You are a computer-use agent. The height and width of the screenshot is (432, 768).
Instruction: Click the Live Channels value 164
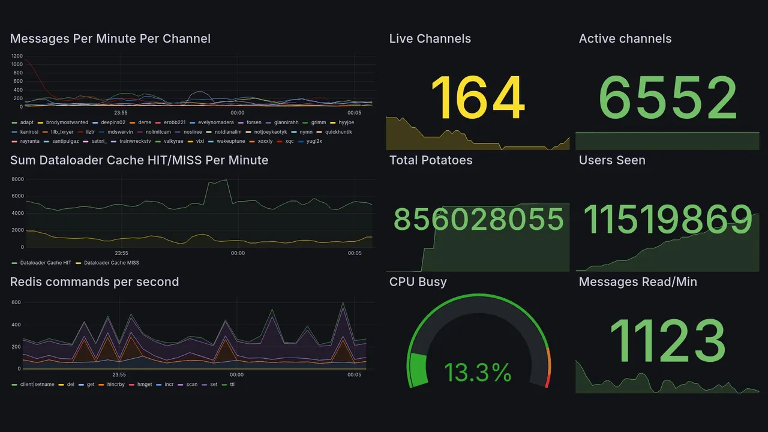(x=478, y=98)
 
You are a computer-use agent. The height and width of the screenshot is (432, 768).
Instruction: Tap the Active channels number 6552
(x=668, y=98)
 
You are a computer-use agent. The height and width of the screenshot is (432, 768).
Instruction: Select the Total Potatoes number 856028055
(x=478, y=220)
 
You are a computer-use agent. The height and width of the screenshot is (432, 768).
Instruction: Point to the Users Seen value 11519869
(x=668, y=220)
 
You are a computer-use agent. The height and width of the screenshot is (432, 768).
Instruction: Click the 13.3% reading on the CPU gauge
(x=478, y=373)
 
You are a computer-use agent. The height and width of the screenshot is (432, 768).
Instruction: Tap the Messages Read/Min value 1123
(x=668, y=341)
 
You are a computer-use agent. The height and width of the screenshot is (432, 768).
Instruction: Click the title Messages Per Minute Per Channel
(x=110, y=39)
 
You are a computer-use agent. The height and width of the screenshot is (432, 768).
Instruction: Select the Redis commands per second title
(x=95, y=282)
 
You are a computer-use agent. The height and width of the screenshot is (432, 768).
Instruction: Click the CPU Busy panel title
(x=418, y=282)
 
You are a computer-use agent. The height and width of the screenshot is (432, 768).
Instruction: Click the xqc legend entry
(x=289, y=142)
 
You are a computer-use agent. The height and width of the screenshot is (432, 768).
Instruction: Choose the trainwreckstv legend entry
(x=135, y=142)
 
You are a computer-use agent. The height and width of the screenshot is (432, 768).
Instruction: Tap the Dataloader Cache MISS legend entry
(x=111, y=263)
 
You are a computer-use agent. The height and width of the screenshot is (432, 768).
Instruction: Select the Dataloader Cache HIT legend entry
(x=46, y=263)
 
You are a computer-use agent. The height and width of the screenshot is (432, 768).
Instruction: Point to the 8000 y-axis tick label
(x=17, y=179)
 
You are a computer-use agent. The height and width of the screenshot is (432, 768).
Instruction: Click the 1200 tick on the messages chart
(x=17, y=56)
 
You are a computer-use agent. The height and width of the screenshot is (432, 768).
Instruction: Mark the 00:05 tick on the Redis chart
(x=354, y=375)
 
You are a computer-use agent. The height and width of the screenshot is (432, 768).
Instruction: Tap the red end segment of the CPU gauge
(x=547, y=381)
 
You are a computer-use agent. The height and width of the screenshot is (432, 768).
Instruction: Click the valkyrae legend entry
(x=172, y=142)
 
